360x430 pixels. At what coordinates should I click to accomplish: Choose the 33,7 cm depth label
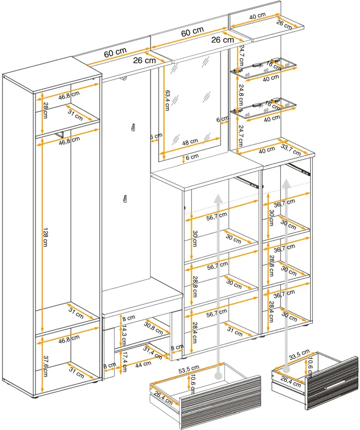[291, 149]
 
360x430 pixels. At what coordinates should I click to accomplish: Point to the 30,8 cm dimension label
[154, 328]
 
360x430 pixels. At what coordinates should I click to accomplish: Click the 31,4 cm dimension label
[153, 351]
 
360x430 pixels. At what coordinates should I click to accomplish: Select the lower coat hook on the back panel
[124, 199]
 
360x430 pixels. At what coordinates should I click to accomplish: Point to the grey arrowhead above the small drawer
[286, 183]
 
